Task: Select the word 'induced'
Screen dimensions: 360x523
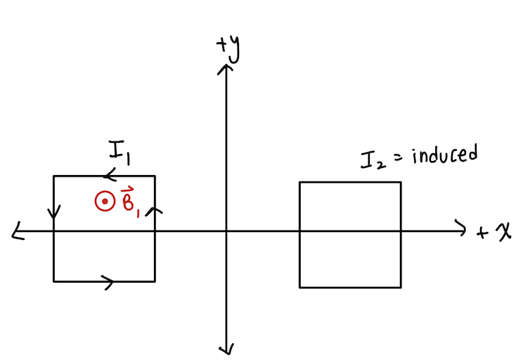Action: pyautogui.click(x=444, y=154)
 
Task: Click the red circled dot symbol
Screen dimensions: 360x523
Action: pyautogui.click(x=104, y=202)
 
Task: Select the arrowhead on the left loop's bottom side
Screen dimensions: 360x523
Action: pyautogui.click(x=109, y=282)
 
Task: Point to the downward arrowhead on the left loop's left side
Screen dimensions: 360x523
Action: pyautogui.click(x=54, y=211)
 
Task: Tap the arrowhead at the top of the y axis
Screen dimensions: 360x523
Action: pyautogui.click(x=226, y=68)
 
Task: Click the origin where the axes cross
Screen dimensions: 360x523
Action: pyautogui.click(x=226, y=231)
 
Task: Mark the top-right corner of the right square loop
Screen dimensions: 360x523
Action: pyautogui.click(x=401, y=182)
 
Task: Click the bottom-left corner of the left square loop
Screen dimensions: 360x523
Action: pyautogui.click(x=54, y=281)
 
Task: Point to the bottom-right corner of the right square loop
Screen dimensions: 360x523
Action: pyautogui.click(x=401, y=287)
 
